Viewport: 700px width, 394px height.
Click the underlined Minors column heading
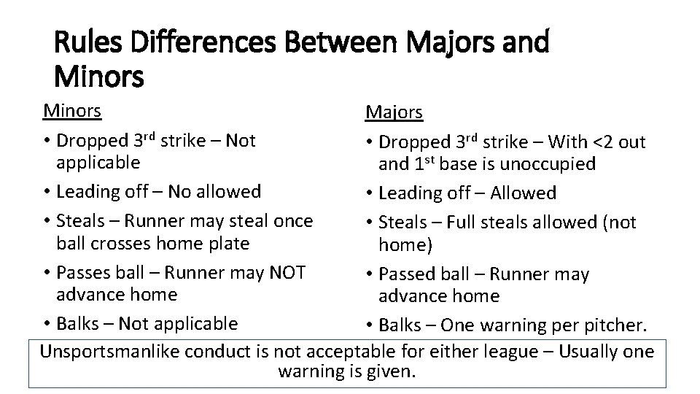pyautogui.click(x=72, y=110)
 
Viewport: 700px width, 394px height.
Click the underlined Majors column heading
pyautogui.click(x=394, y=112)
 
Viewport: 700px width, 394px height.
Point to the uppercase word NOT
pyautogui.click(x=287, y=272)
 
